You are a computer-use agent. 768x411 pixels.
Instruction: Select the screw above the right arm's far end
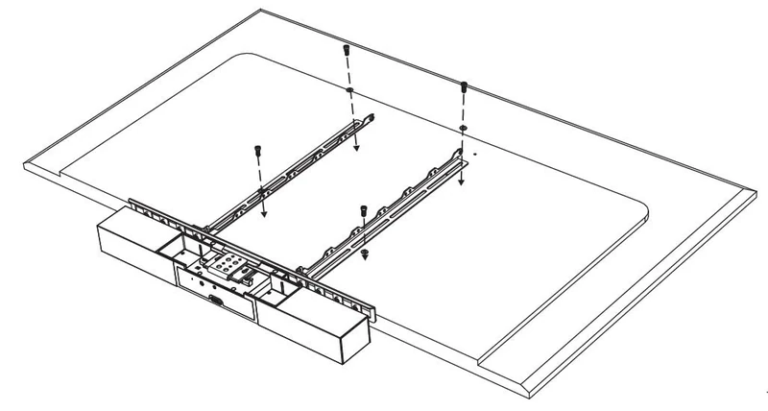[464, 87]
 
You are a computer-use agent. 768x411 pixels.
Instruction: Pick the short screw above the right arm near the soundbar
[364, 210]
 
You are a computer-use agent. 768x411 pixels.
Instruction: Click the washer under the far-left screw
[350, 90]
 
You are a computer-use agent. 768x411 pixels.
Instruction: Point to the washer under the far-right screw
[463, 127]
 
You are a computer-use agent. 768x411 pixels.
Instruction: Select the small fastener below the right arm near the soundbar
[366, 251]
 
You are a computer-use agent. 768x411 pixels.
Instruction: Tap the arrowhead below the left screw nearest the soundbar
[263, 215]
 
